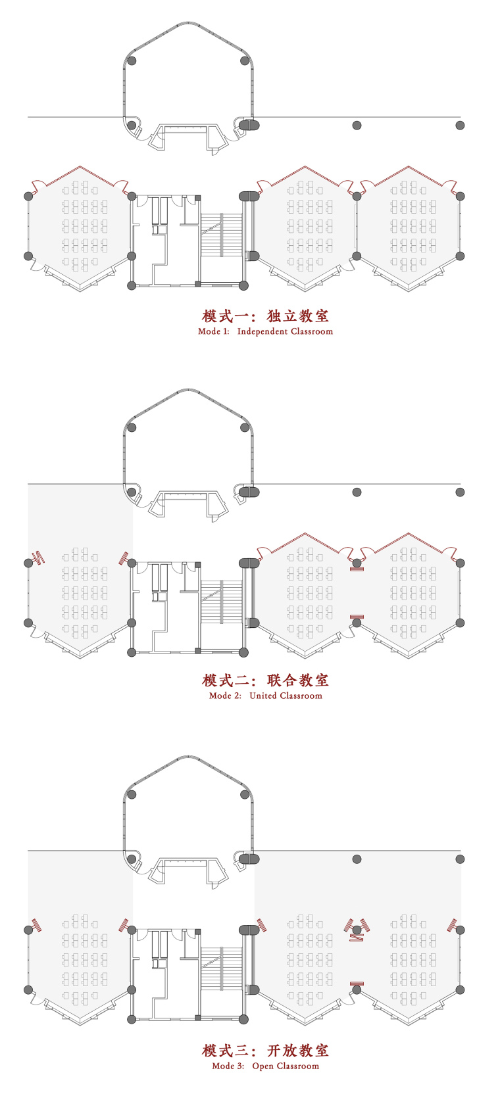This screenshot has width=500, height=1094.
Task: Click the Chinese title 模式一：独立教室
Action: (265, 316)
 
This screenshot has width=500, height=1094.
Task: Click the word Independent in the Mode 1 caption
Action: (262, 331)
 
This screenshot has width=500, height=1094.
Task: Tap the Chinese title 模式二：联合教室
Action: (265, 680)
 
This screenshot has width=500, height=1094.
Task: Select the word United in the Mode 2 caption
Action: (263, 696)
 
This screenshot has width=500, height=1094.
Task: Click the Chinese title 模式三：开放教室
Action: (265, 1051)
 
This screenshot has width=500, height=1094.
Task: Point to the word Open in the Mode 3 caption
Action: (262, 1066)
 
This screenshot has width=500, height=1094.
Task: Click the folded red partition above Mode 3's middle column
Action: (357, 925)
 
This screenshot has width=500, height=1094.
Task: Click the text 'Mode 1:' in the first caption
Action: (214, 331)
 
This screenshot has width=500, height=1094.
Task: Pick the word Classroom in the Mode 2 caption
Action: (301, 696)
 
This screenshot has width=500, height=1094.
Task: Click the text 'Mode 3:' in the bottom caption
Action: (228, 1066)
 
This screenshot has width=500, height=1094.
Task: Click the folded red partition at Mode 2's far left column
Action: (39, 558)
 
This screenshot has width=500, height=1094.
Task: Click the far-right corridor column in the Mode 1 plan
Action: (460, 125)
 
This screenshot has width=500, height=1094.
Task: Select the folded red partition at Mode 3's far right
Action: (453, 925)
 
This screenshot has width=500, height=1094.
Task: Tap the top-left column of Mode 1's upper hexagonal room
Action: (132, 61)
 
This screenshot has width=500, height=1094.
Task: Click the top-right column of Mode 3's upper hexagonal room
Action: (245, 795)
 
